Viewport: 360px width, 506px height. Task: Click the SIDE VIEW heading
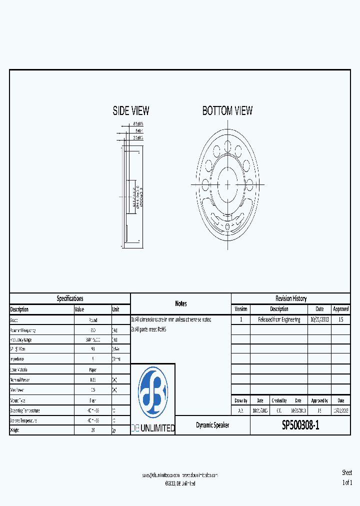131,111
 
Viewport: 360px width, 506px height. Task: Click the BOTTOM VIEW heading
227,111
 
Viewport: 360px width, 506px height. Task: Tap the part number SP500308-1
300,425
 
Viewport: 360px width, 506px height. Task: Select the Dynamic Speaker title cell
212,425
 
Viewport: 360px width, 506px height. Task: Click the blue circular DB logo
153,392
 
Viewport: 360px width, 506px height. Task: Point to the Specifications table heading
70,298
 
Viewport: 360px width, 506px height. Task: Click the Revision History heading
290,298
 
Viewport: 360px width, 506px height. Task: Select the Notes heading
181,303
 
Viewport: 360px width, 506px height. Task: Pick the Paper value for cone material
92,369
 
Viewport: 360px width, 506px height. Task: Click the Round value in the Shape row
92,320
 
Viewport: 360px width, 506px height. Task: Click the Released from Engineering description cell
279,319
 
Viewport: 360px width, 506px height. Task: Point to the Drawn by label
241,400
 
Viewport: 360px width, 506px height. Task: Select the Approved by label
319,400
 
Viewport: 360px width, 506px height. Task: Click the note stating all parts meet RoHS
148,329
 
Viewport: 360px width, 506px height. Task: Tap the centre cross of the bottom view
227,184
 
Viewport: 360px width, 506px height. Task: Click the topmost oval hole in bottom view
227,146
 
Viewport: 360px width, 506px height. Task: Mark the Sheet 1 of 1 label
347,477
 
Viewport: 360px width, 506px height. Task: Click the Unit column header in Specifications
116,309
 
